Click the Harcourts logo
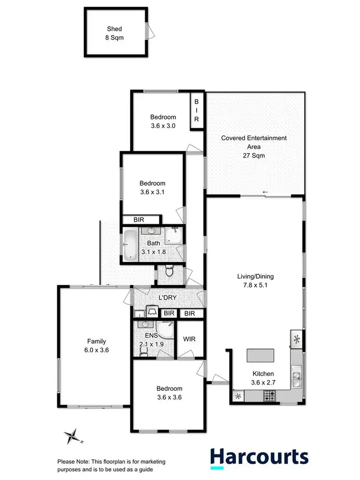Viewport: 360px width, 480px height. pyautogui.click(x=259, y=457)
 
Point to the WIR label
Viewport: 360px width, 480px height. pyautogui.click(x=189, y=339)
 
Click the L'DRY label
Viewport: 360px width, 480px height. pyautogui.click(x=168, y=298)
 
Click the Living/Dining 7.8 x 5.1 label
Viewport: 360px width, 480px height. pyautogui.click(x=255, y=280)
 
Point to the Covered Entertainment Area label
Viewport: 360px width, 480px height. pyautogui.click(x=253, y=146)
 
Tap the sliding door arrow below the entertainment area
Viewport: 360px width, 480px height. pyautogui.click(x=265, y=193)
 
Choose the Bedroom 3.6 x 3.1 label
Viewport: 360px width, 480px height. pyautogui.click(x=153, y=187)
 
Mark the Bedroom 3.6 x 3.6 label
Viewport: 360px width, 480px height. pyautogui.click(x=169, y=393)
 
